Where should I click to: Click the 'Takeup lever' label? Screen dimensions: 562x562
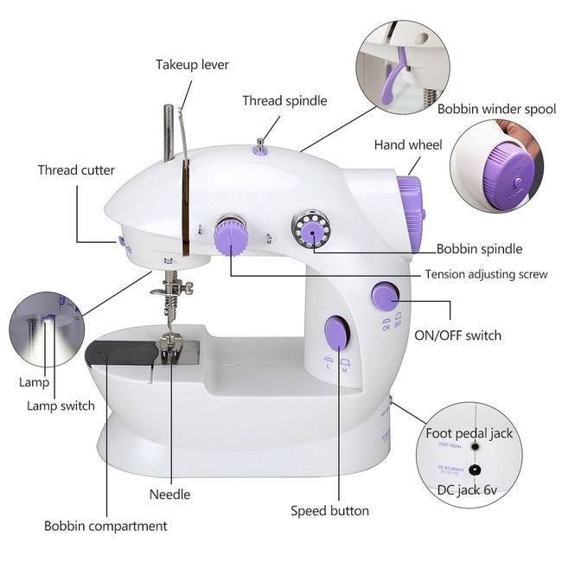[x=192, y=65]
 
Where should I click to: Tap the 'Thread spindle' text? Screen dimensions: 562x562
[x=284, y=101]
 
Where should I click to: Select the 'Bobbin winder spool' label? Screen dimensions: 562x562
[x=496, y=110]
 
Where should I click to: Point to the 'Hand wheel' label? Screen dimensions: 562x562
[x=408, y=145]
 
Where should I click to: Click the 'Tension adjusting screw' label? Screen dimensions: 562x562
[x=486, y=275]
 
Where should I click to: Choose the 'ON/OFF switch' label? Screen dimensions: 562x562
[x=457, y=335]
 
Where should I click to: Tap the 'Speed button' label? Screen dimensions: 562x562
[x=329, y=511]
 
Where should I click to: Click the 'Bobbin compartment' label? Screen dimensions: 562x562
[x=105, y=526]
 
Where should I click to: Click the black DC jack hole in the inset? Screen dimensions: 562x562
[x=474, y=470]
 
